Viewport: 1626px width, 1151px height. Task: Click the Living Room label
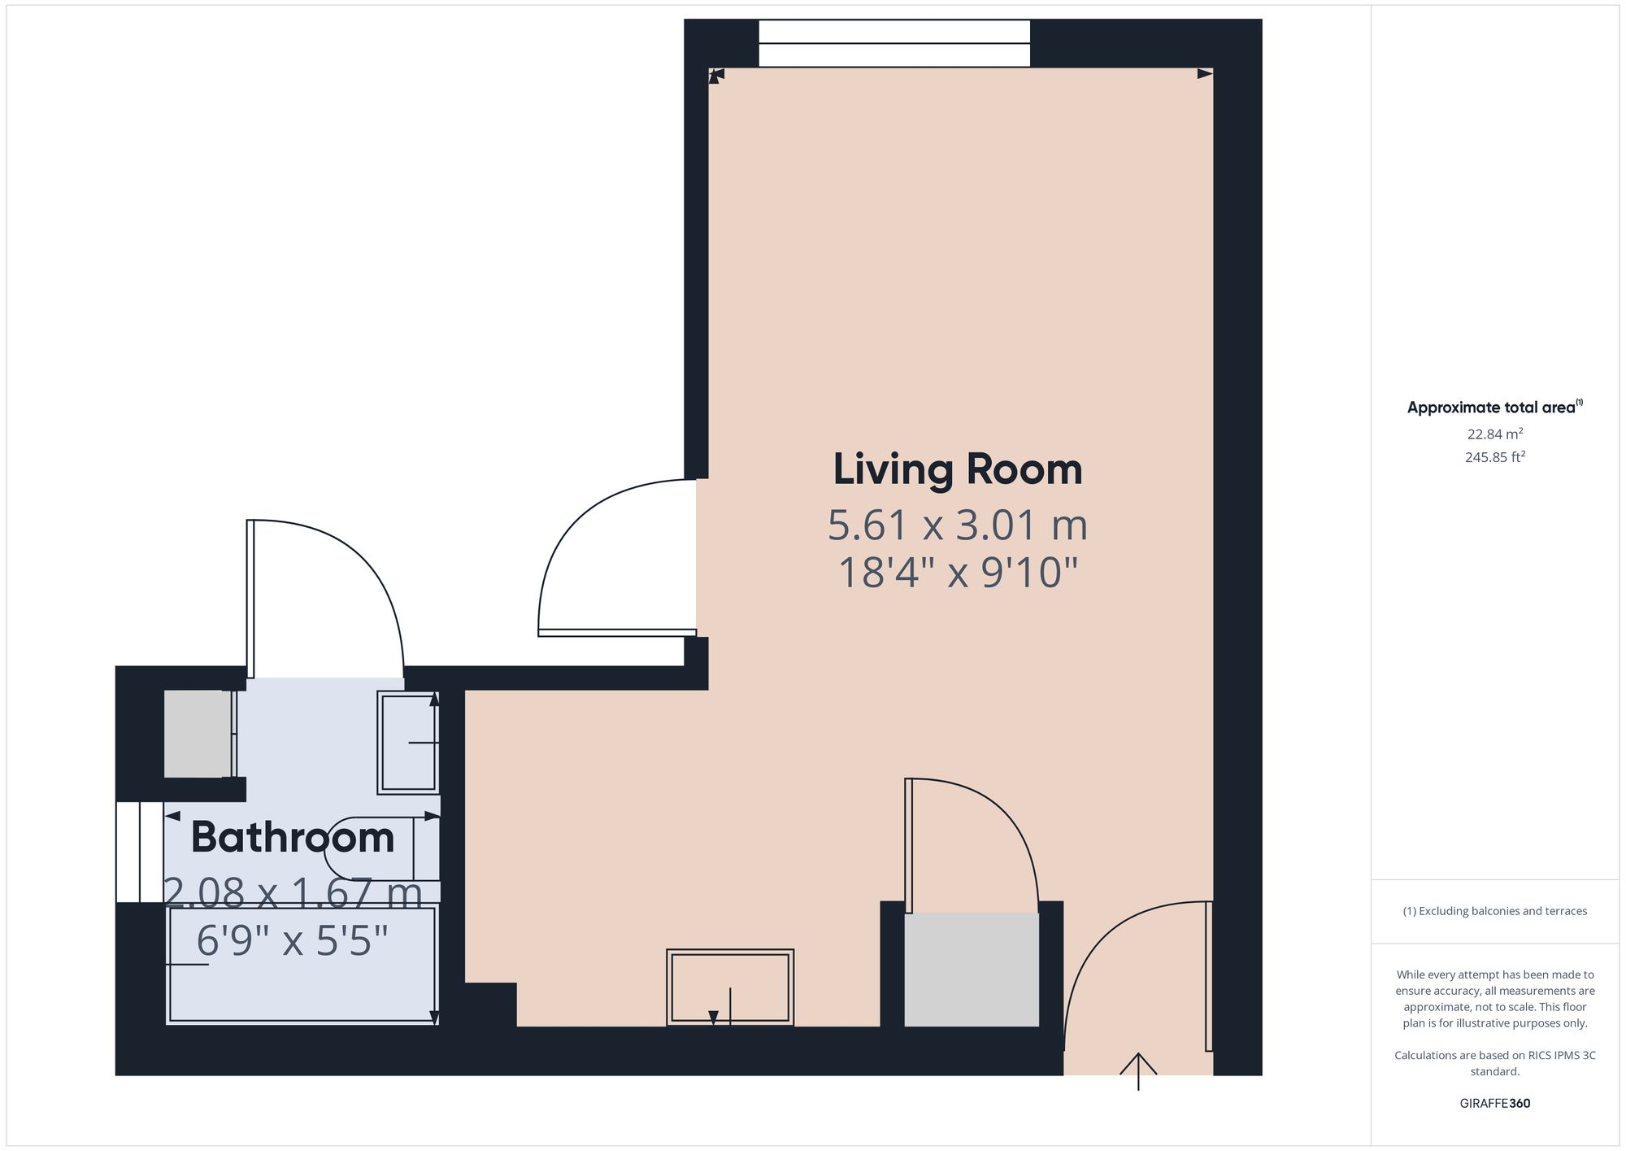[958, 470]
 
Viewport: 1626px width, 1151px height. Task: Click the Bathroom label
[293, 838]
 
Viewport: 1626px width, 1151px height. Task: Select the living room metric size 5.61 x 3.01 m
[958, 525]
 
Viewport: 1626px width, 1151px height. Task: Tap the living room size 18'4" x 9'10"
[958, 573]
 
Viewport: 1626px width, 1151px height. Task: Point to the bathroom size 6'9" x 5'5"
[293, 942]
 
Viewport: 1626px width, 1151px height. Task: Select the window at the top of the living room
[894, 44]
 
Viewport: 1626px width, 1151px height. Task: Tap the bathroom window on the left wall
[139, 852]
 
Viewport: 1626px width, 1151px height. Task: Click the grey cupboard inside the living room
[972, 970]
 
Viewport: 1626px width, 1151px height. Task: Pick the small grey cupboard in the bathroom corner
[198, 734]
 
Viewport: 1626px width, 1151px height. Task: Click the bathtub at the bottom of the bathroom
[302, 965]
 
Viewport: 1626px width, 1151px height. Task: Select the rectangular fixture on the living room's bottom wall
[730, 988]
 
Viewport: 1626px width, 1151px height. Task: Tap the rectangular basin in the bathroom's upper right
[408, 742]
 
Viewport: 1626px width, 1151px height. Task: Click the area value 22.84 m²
[1494, 434]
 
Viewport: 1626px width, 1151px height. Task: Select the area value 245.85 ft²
[1494, 457]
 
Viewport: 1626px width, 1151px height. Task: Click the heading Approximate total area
[1493, 408]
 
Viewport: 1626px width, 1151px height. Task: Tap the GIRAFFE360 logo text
[1494, 1104]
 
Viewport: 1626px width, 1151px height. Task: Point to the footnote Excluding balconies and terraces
[1494, 911]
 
